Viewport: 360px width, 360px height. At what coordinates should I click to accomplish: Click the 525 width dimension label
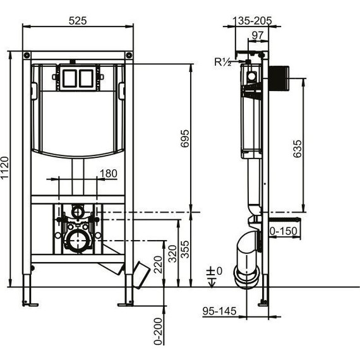(x=78, y=21)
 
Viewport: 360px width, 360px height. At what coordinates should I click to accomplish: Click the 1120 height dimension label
(x=5, y=167)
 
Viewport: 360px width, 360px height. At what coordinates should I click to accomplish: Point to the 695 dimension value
(x=185, y=138)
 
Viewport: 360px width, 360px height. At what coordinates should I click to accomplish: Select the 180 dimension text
(x=109, y=174)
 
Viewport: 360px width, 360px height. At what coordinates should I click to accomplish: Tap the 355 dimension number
(x=185, y=249)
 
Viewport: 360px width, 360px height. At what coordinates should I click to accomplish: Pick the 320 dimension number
(x=172, y=254)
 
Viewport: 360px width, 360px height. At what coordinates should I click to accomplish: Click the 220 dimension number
(x=158, y=265)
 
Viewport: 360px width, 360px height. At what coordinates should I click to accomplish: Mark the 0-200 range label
(x=158, y=332)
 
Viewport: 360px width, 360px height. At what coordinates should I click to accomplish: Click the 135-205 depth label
(x=252, y=21)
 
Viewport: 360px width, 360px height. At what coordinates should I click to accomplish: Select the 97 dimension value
(x=258, y=35)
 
